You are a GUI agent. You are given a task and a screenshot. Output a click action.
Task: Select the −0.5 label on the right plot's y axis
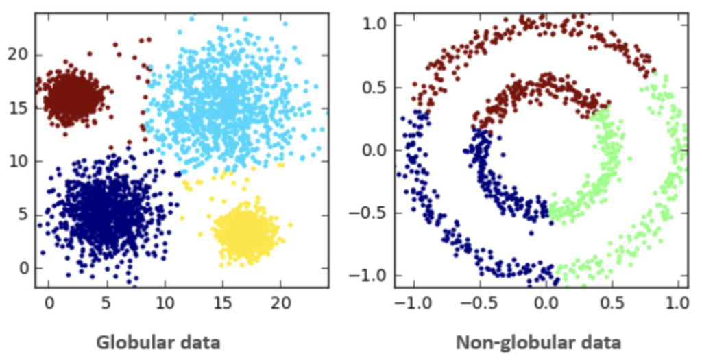coord(369,213)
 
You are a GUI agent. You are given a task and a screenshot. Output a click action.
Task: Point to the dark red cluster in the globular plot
coord(70,97)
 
